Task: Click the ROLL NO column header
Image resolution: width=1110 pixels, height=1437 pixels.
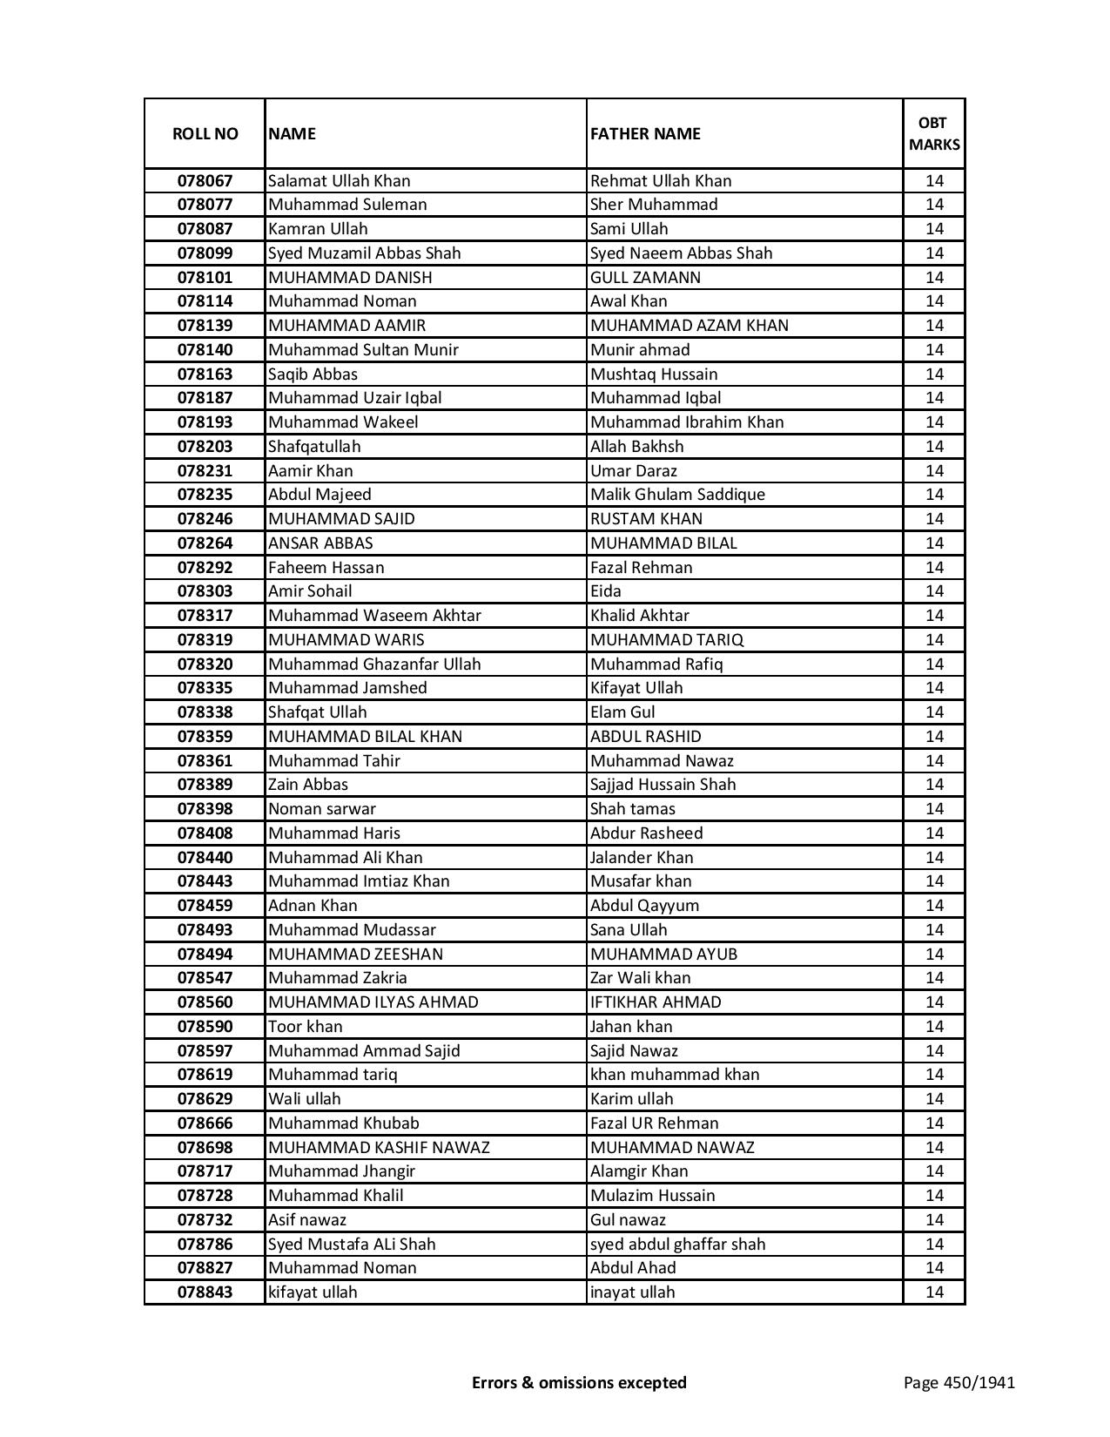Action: tap(205, 133)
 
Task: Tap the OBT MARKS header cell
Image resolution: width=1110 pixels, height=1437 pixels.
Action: tap(934, 133)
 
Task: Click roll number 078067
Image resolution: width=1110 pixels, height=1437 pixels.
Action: tap(205, 180)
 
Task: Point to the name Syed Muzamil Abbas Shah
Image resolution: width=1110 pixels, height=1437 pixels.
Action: tap(364, 253)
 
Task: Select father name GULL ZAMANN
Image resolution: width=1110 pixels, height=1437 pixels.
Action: tap(645, 277)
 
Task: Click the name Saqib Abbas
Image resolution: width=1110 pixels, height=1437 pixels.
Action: tap(313, 374)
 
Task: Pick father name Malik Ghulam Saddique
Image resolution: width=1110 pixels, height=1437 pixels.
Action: tap(677, 494)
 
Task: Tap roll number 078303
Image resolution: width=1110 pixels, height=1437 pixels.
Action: tap(205, 590)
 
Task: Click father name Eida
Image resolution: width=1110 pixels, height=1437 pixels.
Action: tap(606, 590)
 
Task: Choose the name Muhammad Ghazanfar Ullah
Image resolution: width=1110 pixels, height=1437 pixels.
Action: tap(374, 664)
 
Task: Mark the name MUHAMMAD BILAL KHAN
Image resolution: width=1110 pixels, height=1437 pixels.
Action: tap(365, 736)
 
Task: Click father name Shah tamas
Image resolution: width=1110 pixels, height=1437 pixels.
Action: tap(632, 808)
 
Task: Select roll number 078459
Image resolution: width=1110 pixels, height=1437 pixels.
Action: tap(205, 905)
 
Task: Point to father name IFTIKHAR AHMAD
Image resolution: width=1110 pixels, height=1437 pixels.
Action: tap(656, 1002)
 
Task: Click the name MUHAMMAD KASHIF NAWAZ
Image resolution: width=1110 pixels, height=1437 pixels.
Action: tap(379, 1147)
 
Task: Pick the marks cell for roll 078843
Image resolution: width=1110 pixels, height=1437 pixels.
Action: tap(934, 1292)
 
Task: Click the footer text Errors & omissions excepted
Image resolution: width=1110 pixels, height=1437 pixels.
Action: tap(579, 1382)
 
